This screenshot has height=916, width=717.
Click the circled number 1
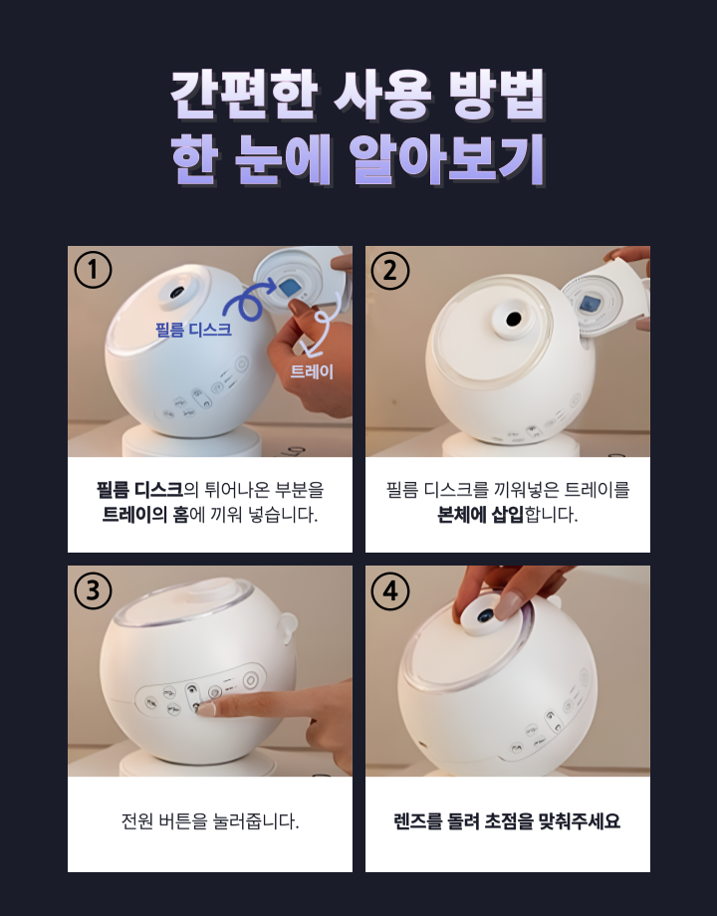[x=93, y=270]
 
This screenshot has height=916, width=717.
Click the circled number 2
[x=390, y=270]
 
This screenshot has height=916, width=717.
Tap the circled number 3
[x=93, y=590]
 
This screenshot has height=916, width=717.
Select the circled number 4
[x=390, y=590]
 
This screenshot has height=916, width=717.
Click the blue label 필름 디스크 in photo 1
[x=193, y=330]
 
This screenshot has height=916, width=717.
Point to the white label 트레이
[x=312, y=371]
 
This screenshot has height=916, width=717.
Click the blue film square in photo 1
[x=289, y=287]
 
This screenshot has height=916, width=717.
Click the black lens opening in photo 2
[x=513, y=319]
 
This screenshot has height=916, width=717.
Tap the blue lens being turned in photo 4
[x=484, y=615]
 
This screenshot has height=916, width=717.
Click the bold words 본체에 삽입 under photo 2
[x=480, y=515]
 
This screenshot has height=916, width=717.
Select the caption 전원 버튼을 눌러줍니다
[x=210, y=821]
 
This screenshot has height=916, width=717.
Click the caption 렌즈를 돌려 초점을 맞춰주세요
[x=507, y=821]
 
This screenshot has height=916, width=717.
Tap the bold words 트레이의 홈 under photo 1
[x=145, y=515]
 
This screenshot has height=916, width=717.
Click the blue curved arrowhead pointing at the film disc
[x=270, y=286]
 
